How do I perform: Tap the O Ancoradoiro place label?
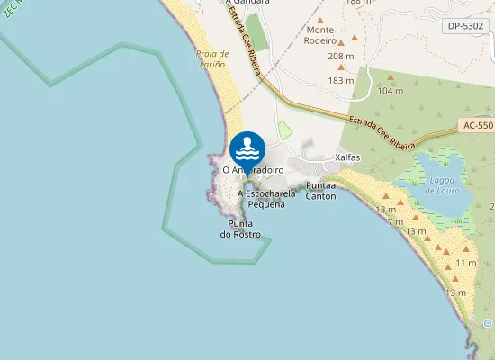tap(247, 169)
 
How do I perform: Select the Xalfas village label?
tap(346, 157)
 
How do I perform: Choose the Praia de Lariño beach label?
tap(212, 59)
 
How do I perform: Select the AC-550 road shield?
tap(476, 128)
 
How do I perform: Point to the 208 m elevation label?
tap(341, 57)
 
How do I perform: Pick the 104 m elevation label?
tap(391, 91)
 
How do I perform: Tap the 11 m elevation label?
tap(466, 262)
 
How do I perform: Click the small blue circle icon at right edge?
tap(488, 322)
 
